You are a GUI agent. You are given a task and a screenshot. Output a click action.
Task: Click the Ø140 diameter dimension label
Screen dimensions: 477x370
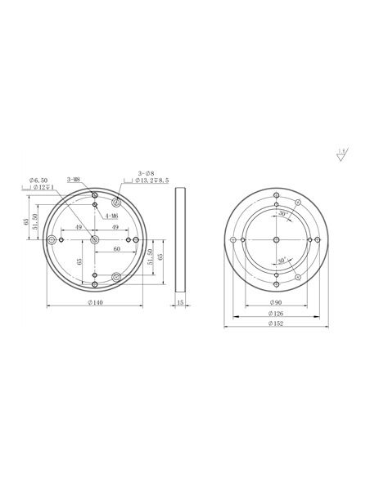tap(96, 302)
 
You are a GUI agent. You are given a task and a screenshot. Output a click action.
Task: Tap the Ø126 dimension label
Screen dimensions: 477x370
tap(279, 314)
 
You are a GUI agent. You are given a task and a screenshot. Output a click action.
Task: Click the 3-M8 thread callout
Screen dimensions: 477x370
tap(72, 179)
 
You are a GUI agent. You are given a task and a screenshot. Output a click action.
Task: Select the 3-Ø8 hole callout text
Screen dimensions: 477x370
tap(146, 174)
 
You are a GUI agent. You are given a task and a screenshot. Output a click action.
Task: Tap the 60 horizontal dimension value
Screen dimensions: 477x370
tap(118, 247)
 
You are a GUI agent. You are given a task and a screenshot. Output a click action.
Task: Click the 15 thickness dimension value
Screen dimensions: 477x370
tap(180, 302)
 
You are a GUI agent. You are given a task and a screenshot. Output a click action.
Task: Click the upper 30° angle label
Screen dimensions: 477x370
tap(282, 213)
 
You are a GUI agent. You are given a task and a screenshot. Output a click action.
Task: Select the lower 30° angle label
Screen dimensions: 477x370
tap(282, 261)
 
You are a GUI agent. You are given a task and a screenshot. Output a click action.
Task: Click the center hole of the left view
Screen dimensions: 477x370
tap(96, 239)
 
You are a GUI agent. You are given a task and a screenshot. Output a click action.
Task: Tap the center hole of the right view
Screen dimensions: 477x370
tap(279, 238)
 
